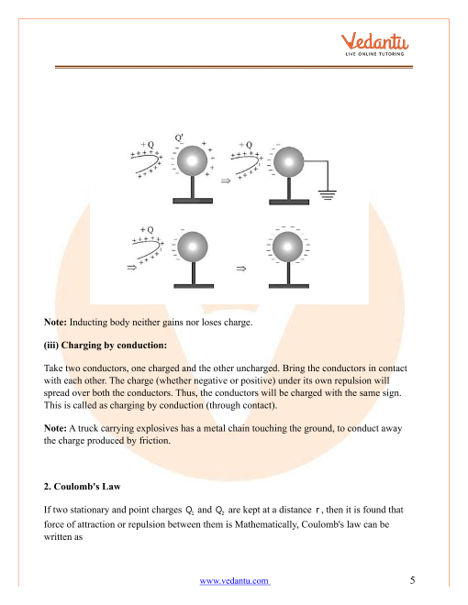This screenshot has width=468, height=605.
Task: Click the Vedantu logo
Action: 374,44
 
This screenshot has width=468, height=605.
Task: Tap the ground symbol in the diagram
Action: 328,195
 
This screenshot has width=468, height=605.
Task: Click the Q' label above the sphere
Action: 179,137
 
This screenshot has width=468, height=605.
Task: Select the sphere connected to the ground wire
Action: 288,161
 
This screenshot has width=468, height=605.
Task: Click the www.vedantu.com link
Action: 235,580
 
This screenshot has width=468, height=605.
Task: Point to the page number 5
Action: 412,580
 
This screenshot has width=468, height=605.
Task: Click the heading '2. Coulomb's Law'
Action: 83,486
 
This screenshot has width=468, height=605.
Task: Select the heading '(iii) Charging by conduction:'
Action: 106,345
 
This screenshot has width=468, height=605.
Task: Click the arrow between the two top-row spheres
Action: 226,181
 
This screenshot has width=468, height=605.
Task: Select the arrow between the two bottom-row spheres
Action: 241,269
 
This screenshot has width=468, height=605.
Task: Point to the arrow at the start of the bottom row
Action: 131,268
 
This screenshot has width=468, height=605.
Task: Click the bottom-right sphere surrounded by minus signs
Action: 287,247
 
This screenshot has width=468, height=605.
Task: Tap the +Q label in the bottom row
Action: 147,229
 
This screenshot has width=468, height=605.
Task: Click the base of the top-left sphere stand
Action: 193,201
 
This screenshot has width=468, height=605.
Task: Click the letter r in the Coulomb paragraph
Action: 317,510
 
